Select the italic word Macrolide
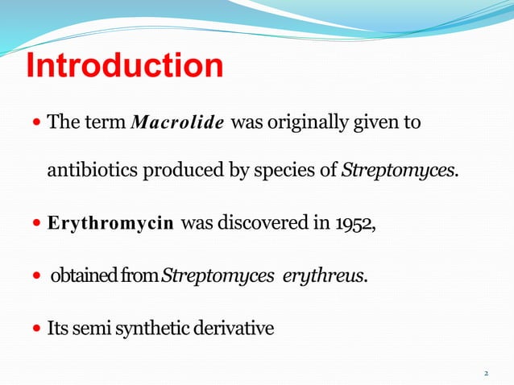(178, 124)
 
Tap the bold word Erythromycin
(110, 224)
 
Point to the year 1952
(355, 224)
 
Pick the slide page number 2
(487, 374)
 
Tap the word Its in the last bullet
(60, 328)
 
